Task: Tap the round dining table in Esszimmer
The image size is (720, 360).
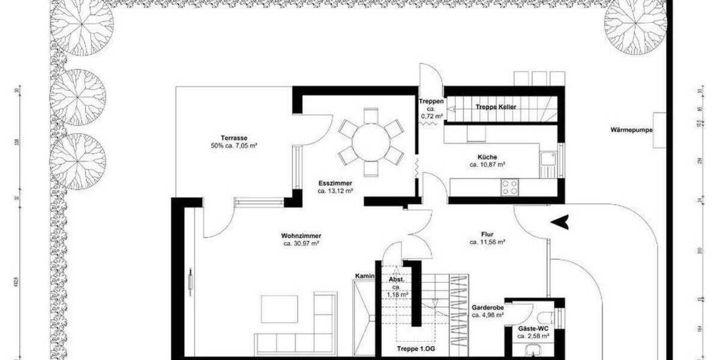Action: click(370, 142)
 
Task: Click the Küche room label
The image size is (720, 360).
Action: click(483, 157)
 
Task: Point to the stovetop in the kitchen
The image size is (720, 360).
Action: click(510, 187)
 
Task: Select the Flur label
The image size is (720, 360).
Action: click(487, 235)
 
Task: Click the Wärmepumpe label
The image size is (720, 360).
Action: click(631, 130)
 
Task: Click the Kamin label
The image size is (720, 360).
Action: click(364, 276)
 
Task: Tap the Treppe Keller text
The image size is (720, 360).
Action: click(496, 107)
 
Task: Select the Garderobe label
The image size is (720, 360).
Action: click(487, 307)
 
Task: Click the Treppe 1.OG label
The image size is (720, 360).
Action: click(414, 349)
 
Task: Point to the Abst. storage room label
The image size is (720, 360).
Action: click(397, 280)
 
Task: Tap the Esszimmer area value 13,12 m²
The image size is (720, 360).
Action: click(335, 191)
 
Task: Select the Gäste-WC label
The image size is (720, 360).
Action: click(533, 329)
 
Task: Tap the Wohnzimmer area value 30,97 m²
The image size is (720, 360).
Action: click(301, 244)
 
